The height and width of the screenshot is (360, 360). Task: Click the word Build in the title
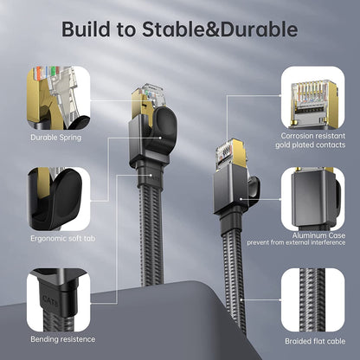[86, 29]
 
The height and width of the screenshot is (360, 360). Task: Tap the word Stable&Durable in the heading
[220, 29]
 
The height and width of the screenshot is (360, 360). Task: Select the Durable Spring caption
[56, 138]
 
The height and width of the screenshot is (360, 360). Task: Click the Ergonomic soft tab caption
[63, 238]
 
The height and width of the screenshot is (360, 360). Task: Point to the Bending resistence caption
[63, 339]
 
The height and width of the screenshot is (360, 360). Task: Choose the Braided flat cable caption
[315, 341]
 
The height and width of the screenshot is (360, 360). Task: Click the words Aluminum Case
[318, 235]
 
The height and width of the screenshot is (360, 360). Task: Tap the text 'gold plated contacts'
[310, 145]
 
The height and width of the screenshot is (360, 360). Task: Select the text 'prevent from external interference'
[296, 242]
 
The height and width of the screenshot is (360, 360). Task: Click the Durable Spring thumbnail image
[59, 98]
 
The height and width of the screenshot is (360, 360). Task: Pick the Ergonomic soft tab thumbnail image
[59, 199]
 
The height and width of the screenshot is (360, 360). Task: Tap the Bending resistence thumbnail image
[59, 300]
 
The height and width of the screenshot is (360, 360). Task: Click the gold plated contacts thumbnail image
[313, 98]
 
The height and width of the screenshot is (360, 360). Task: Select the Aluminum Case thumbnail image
[313, 199]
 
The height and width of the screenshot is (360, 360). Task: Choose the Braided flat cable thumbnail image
[313, 300]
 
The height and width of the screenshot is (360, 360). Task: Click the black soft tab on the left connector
[163, 127]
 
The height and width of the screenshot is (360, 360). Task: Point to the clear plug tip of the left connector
[150, 93]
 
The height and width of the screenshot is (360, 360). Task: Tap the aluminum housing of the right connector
[231, 190]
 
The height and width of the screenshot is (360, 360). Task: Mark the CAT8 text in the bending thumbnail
[50, 300]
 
